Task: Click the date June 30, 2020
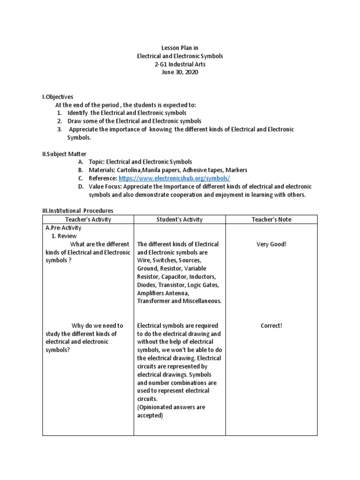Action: pyautogui.click(x=180, y=73)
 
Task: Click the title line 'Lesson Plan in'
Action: pyautogui.click(x=180, y=47)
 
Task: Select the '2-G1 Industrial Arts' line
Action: pyautogui.click(x=180, y=64)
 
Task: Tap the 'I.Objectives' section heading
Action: pyautogui.click(x=58, y=97)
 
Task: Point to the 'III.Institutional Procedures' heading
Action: pyautogui.click(x=78, y=211)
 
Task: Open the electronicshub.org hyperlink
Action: pyautogui.click(x=174, y=179)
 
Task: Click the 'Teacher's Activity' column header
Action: pyautogui.click(x=88, y=219)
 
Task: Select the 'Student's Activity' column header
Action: pyautogui.click(x=180, y=219)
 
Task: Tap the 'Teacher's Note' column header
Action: pyautogui.click(x=271, y=219)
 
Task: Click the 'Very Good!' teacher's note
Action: pyautogui.click(x=271, y=244)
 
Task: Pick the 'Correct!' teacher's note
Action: pyautogui.click(x=271, y=325)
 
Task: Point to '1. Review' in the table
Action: pyautogui.click(x=64, y=236)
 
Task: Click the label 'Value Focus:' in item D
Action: pyautogui.click(x=105, y=187)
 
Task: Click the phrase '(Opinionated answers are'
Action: pyautogui.click(x=171, y=407)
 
